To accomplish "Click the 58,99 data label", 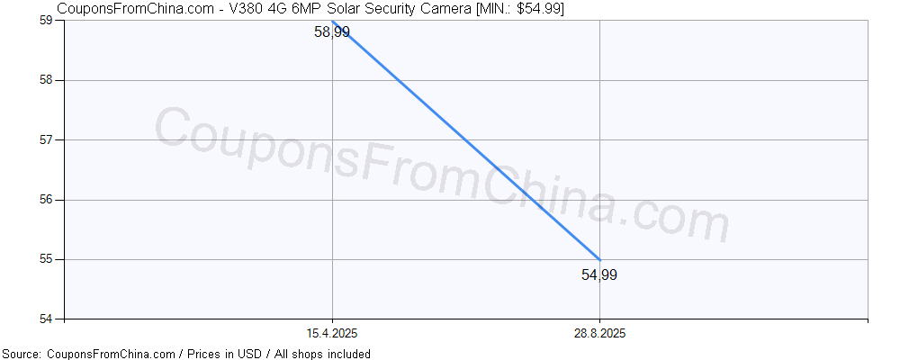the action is coord(332,32).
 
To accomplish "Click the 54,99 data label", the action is coord(599,275).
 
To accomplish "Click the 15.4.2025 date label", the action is coord(332,334).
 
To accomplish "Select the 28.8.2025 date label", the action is coord(599,334).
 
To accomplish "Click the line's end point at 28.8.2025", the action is coord(599,260).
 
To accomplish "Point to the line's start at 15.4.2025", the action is coord(332,21).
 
